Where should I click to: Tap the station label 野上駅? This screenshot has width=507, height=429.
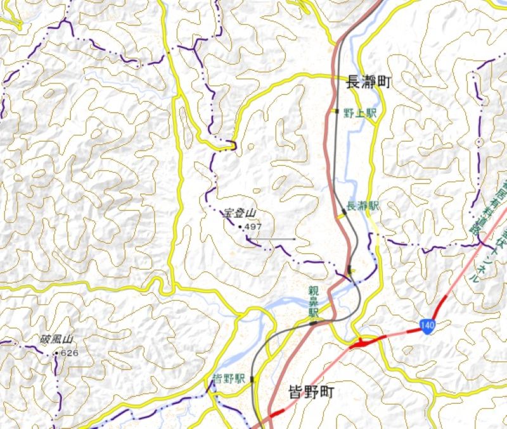tap(360, 113)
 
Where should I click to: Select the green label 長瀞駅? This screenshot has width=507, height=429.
tap(363, 206)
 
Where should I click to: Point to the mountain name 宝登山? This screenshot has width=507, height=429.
tap(240, 214)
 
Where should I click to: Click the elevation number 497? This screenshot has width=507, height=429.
tap(253, 227)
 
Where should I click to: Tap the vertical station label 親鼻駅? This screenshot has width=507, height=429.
tap(312, 302)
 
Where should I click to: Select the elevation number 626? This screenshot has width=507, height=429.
tap(69, 352)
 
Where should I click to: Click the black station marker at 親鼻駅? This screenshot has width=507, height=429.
tap(313, 323)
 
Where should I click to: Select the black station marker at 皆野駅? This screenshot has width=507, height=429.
tap(252, 379)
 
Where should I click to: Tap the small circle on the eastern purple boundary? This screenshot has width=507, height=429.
tap(480, 141)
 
